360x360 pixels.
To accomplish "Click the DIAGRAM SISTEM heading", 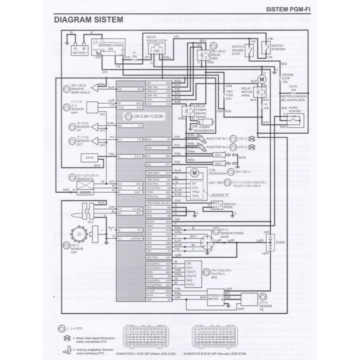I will point(88,19).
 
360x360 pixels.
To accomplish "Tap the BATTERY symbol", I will point(79,49).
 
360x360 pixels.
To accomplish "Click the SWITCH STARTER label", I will point(278,47).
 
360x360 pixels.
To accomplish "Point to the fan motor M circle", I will point(262,79).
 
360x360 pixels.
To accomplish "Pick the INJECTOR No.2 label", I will point(217,147).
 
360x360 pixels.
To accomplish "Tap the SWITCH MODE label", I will point(230,206).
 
